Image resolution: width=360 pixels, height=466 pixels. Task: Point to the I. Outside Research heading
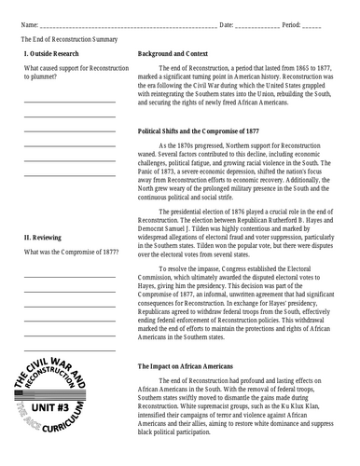(x=52, y=56)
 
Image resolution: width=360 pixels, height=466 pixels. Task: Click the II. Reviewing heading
(x=45, y=240)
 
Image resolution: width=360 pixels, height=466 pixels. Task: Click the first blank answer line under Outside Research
(x=70, y=101)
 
